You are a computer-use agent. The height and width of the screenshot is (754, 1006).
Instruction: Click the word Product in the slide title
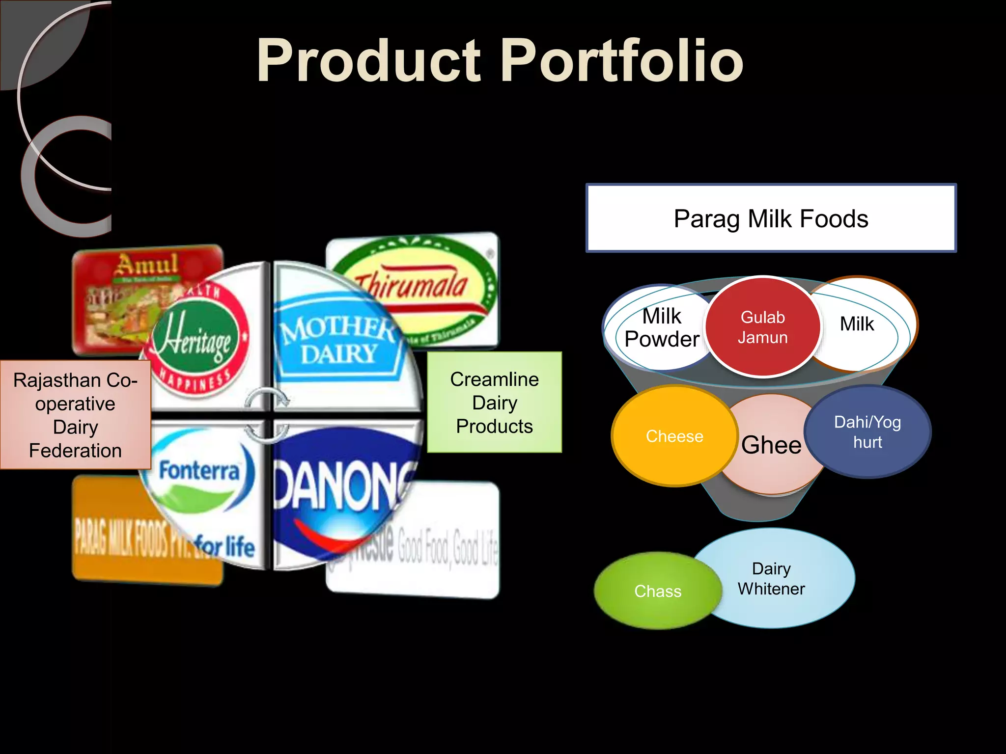[x=368, y=61]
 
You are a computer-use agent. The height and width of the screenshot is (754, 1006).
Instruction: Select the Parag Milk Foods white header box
[x=771, y=218]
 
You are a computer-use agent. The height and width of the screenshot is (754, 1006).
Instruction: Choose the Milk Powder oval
[x=661, y=328]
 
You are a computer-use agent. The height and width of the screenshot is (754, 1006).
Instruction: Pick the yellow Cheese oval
[x=674, y=436]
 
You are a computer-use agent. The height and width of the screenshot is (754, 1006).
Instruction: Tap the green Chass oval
[x=658, y=591]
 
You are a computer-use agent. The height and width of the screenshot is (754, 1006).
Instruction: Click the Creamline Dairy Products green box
[x=494, y=403]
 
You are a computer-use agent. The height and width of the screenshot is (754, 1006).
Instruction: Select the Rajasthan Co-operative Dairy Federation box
[x=75, y=415]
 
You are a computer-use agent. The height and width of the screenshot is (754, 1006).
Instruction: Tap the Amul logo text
[x=147, y=266]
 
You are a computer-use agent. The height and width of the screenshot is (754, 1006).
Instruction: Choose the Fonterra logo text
[x=199, y=471]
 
